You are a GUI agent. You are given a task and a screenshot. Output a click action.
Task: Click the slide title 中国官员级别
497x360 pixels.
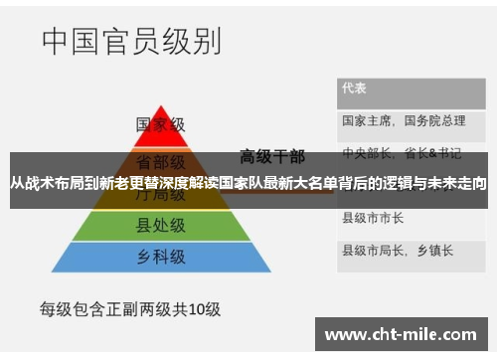[130, 43]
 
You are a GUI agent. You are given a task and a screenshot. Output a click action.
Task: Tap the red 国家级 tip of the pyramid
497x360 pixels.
[160, 125]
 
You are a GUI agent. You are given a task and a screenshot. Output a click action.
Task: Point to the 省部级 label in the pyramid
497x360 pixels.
[160, 160]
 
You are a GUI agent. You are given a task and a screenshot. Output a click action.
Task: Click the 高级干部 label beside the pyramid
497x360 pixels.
[271, 155]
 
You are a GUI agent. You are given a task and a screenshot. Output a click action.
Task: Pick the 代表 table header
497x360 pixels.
[355, 88]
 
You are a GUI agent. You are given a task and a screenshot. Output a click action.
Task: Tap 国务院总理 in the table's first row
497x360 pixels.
[436, 120]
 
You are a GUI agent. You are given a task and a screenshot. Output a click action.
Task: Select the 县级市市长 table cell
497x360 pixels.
[373, 217]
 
